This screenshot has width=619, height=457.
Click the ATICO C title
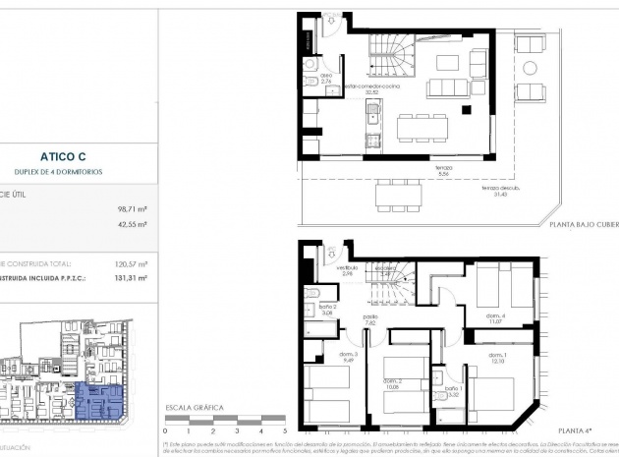(65, 155)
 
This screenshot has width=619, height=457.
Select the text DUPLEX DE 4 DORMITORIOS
(65, 171)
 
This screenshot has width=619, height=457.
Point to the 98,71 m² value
(132, 209)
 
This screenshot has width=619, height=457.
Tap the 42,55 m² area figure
(132, 225)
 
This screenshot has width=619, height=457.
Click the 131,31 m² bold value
(131, 278)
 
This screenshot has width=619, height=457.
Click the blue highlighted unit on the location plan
(100, 403)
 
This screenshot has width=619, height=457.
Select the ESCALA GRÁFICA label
(195, 406)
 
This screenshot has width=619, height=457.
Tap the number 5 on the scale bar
(284, 429)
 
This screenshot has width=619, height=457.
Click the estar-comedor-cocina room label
(373, 86)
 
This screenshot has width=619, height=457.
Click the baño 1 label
(453, 391)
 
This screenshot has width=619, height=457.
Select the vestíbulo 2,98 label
(346, 269)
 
